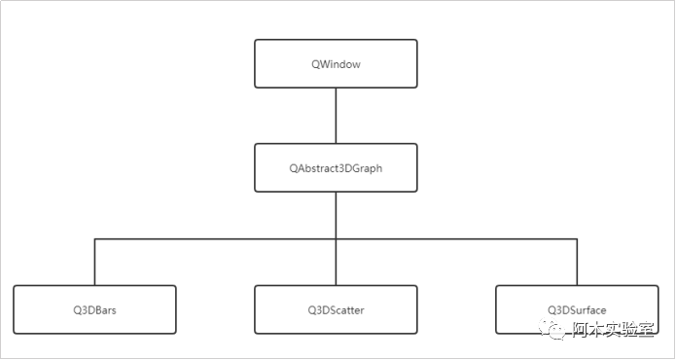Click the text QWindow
click(x=336, y=63)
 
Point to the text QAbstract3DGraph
click(x=336, y=168)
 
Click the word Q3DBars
click(x=94, y=310)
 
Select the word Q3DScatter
click(x=336, y=310)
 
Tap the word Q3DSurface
click(x=577, y=310)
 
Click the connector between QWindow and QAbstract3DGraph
click(x=336, y=116)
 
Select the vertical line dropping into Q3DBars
click(x=94, y=263)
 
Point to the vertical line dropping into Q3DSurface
click(x=577, y=263)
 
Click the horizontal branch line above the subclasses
click(x=214, y=238)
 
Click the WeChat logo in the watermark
click(x=555, y=331)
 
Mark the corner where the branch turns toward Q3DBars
click(x=94, y=238)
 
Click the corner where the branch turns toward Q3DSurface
click(x=577, y=238)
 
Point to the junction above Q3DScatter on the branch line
click(x=336, y=238)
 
